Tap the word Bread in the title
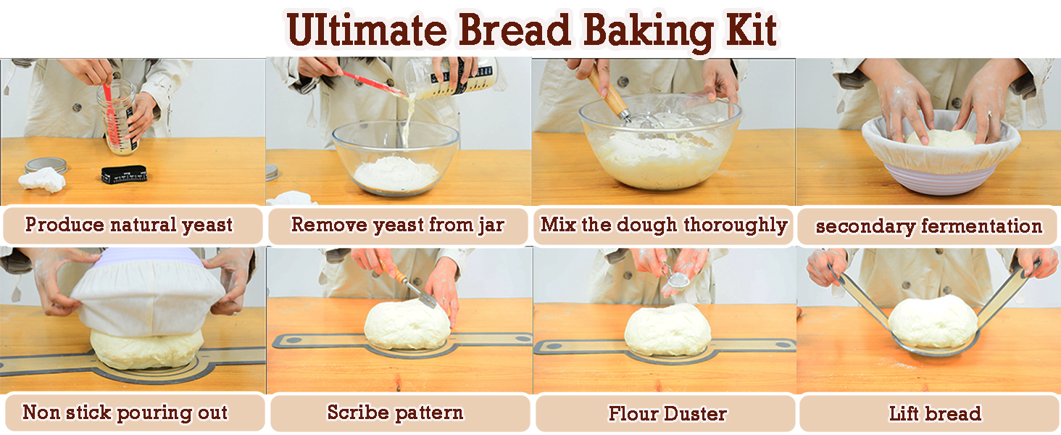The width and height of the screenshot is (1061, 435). [514, 30]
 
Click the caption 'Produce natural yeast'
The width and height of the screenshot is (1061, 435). [129, 225]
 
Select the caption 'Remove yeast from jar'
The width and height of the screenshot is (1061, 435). [397, 225]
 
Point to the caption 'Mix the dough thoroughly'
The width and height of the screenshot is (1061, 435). [664, 225]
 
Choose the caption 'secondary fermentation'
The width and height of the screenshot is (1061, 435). [929, 226]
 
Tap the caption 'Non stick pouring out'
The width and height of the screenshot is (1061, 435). [125, 413]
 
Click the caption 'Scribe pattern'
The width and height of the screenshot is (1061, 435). [395, 413]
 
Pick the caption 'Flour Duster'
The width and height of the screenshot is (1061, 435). [667, 413]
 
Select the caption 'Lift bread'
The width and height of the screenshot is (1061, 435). [934, 413]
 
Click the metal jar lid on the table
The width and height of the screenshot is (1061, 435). [46, 165]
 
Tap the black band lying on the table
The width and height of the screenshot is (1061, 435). [124, 175]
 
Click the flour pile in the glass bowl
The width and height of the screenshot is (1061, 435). [396, 173]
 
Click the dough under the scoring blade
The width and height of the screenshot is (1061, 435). [407, 326]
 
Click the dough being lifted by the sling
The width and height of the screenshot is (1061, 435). [932, 322]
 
